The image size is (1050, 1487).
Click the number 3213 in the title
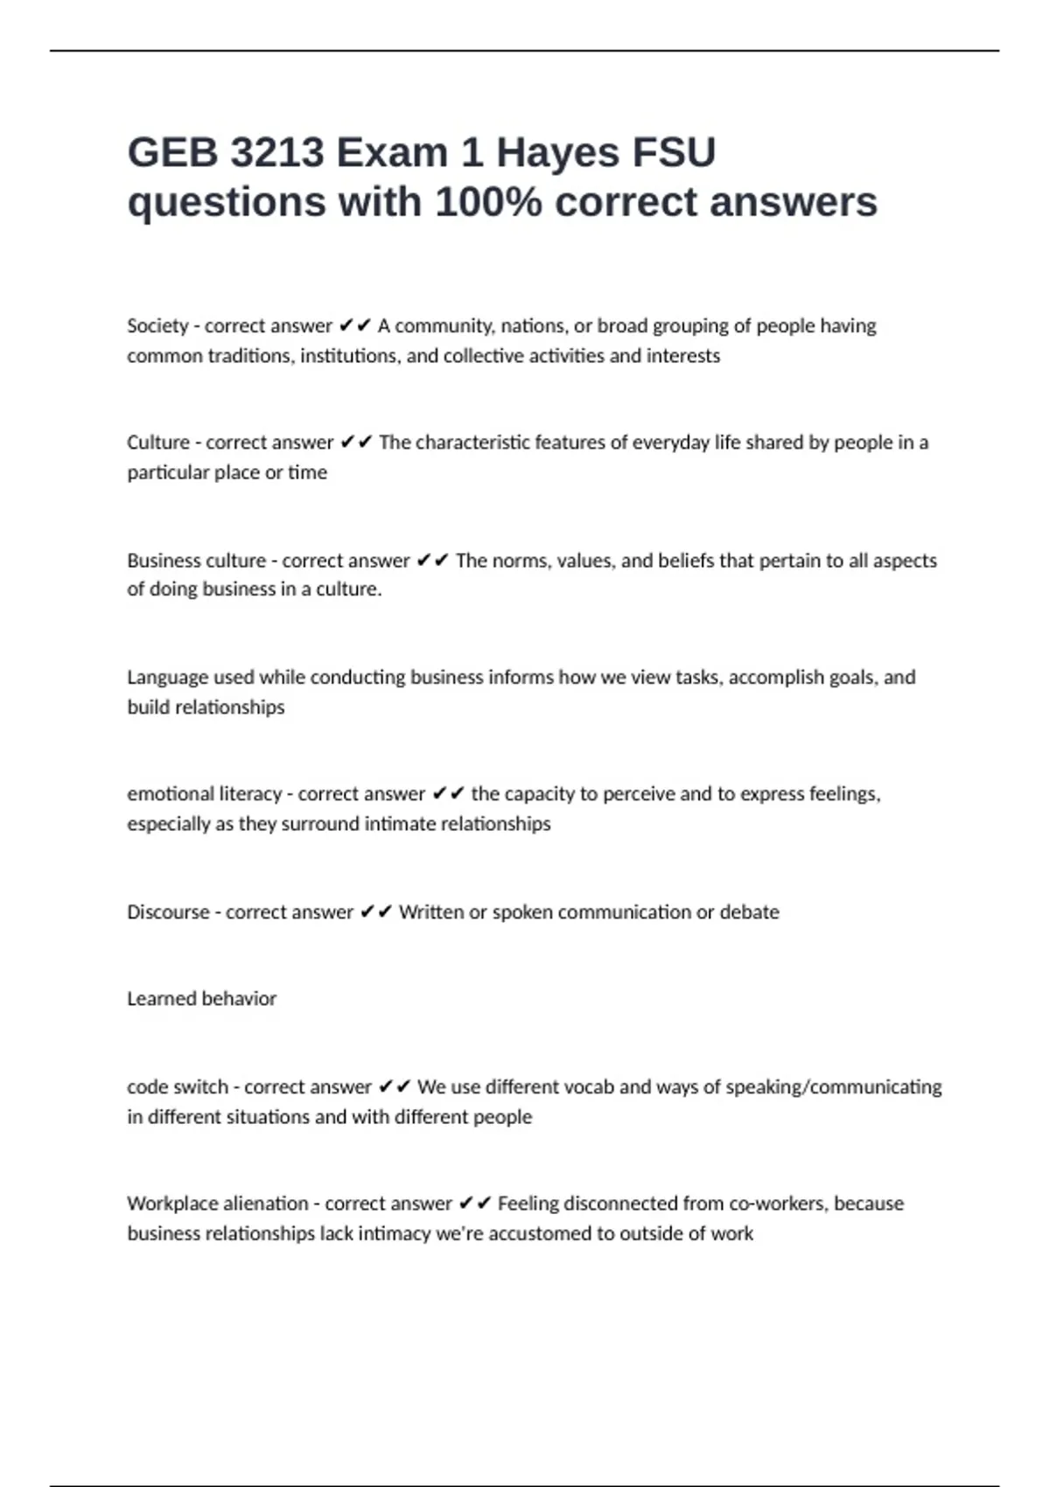[x=277, y=152]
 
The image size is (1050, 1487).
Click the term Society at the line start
[x=157, y=326]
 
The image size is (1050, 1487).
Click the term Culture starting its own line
[x=157, y=443]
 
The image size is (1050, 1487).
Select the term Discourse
[x=168, y=912]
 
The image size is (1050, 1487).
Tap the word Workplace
[x=171, y=1204]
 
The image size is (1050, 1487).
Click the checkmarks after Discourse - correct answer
[x=376, y=912]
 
